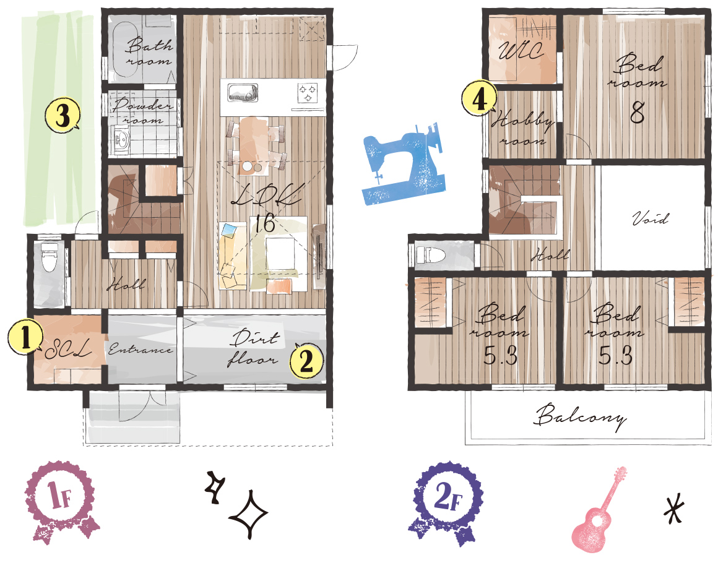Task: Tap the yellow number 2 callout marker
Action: (x=306, y=360)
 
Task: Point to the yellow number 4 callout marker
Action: (x=479, y=98)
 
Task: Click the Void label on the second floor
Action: (x=650, y=218)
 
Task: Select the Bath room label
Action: (x=147, y=52)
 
